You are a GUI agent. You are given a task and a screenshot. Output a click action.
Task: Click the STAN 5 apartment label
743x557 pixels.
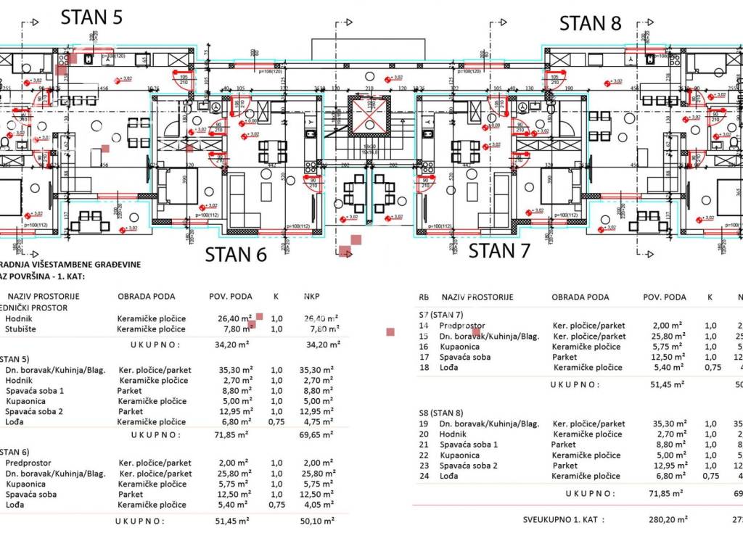click(91, 17)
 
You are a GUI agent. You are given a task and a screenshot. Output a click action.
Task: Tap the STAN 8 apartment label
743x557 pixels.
click(590, 23)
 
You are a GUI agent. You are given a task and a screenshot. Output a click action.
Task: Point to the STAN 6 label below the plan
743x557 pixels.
click(236, 255)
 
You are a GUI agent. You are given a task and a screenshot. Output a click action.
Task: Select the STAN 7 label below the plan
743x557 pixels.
click(499, 252)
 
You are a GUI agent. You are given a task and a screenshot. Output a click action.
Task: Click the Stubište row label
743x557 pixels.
click(22, 329)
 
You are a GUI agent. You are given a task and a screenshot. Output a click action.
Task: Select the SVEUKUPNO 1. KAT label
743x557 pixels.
click(564, 520)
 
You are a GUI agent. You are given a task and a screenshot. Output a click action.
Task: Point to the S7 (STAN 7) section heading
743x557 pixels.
click(441, 315)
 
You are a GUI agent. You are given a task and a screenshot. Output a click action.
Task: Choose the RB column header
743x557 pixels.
click(424, 297)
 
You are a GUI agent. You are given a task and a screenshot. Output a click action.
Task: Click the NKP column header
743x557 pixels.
click(313, 297)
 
